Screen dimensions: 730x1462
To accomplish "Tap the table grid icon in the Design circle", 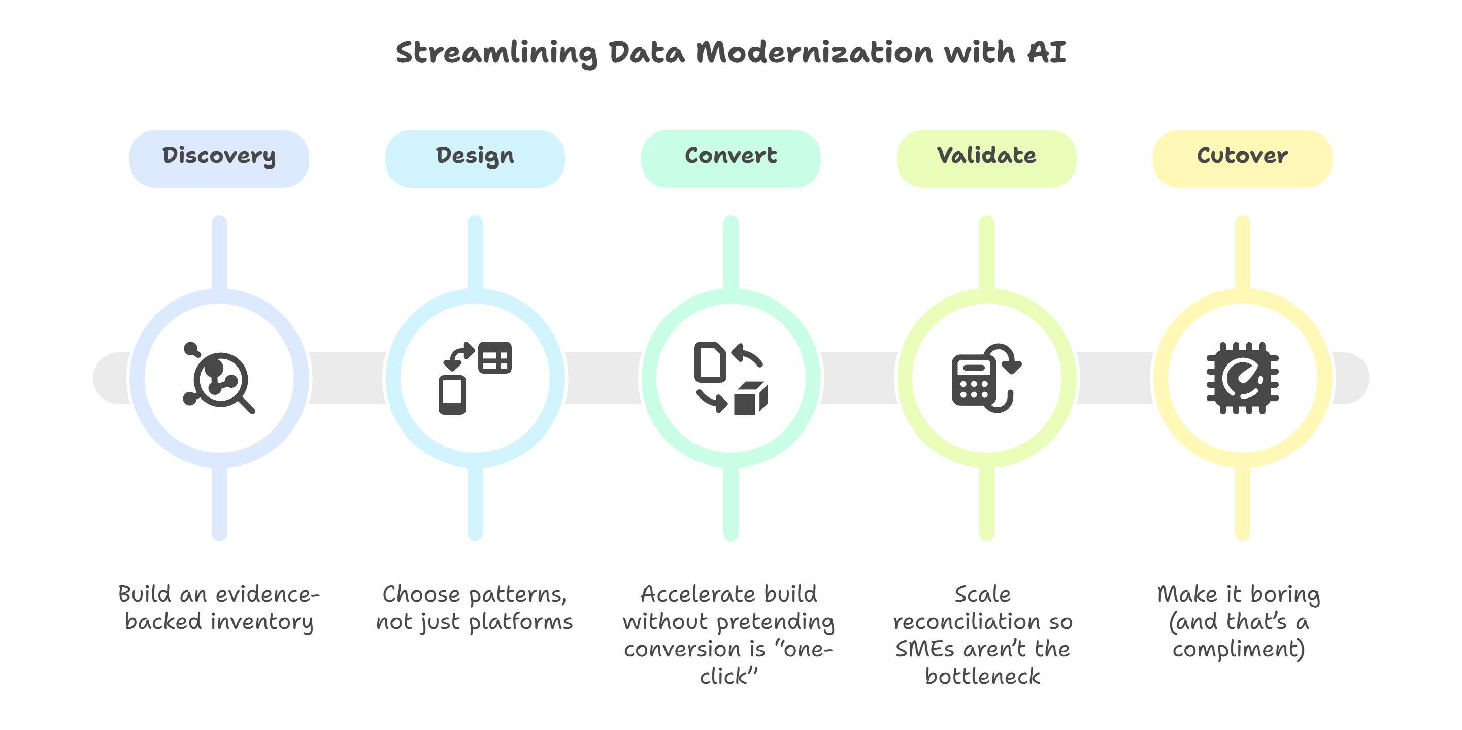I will tap(495, 357).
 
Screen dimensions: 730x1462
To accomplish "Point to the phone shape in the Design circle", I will tap(452, 395).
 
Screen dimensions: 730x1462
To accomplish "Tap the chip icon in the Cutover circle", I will tap(1242, 378).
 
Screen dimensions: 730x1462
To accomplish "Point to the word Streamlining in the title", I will tap(496, 53).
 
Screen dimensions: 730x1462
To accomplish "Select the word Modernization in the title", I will tap(814, 53).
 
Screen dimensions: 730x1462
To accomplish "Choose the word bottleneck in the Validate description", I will tap(982, 677).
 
